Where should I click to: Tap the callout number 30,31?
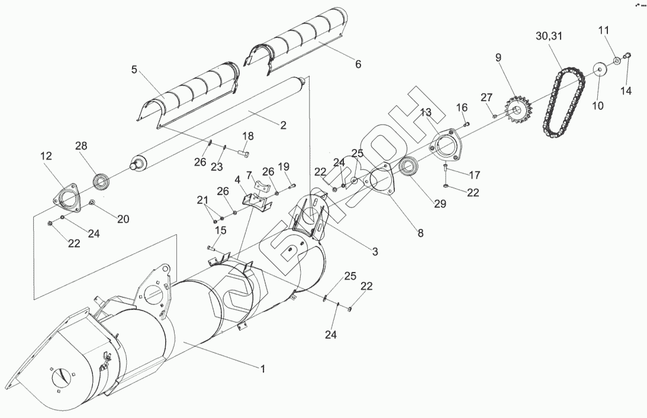pos(549,37)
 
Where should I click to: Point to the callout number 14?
pos(626,90)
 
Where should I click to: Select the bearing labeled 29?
pos(408,168)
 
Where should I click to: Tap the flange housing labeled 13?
pos(445,146)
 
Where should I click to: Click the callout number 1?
pos(263,368)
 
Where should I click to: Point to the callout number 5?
pos(134,69)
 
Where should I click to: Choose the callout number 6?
pos(358,64)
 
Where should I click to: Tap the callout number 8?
pos(420,233)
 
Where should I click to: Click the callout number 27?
pos(486,97)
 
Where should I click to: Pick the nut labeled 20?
pos(93,203)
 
